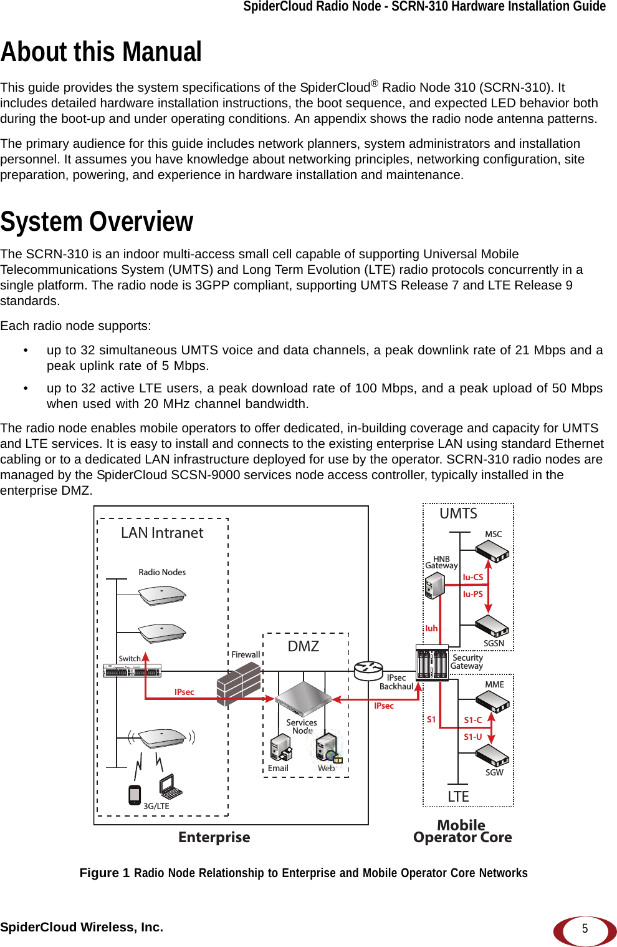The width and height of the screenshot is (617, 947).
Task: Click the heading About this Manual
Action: [x=101, y=52]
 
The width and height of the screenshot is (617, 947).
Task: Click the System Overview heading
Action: [x=97, y=222]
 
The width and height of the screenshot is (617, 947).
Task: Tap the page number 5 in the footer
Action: [x=585, y=929]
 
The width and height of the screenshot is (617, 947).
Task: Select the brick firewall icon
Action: [x=238, y=684]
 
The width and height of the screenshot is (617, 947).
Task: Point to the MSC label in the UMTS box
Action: [x=493, y=535]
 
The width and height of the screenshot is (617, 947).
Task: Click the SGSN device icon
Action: [x=492, y=626]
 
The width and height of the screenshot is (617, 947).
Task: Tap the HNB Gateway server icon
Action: [x=434, y=585]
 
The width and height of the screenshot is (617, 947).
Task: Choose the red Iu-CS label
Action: [x=472, y=578]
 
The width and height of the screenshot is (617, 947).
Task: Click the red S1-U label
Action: [x=472, y=737]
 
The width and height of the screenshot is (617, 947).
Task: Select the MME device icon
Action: [x=492, y=702]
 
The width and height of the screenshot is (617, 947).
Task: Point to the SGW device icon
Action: [x=492, y=755]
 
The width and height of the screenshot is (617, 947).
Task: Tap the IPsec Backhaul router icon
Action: [x=368, y=671]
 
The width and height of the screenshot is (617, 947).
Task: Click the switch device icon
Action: [x=132, y=671]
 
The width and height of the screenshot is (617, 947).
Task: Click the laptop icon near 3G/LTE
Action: [x=170, y=787]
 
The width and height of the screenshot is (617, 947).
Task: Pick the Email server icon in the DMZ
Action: [x=280, y=747]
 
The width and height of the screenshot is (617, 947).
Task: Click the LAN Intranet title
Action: [x=162, y=533]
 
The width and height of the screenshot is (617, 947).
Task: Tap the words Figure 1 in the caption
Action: [x=104, y=873]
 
